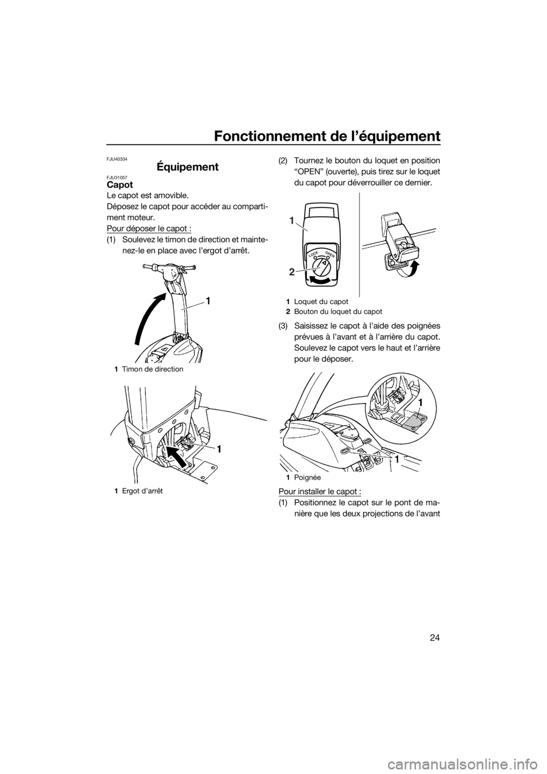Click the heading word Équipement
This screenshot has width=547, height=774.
click(187, 167)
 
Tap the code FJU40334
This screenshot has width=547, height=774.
click(117, 159)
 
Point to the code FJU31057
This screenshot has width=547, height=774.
click(117, 177)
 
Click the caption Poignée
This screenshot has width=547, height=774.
click(303, 478)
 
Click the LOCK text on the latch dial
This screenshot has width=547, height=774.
click(313, 254)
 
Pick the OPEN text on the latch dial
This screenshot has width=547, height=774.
click(330, 255)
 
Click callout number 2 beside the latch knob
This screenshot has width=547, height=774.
click(292, 272)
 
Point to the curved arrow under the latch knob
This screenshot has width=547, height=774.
click(322, 280)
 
